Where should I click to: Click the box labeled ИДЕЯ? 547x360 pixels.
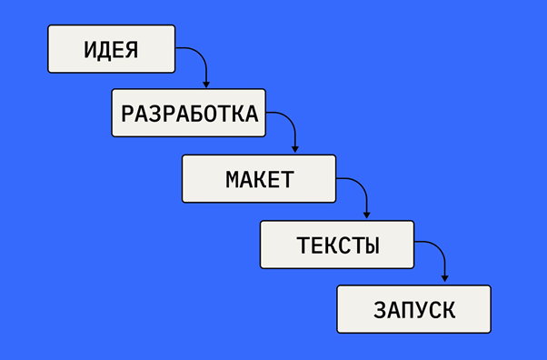(x=111, y=49)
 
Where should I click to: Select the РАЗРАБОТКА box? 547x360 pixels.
(x=189, y=113)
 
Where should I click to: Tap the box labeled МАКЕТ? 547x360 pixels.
(x=259, y=179)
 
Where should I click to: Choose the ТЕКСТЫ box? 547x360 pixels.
(x=337, y=245)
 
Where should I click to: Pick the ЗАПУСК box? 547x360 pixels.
(x=413, y=309)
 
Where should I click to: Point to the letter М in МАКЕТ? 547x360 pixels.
(x=233, y=179)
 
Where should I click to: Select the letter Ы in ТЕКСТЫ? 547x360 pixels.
(x=371, y=245)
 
